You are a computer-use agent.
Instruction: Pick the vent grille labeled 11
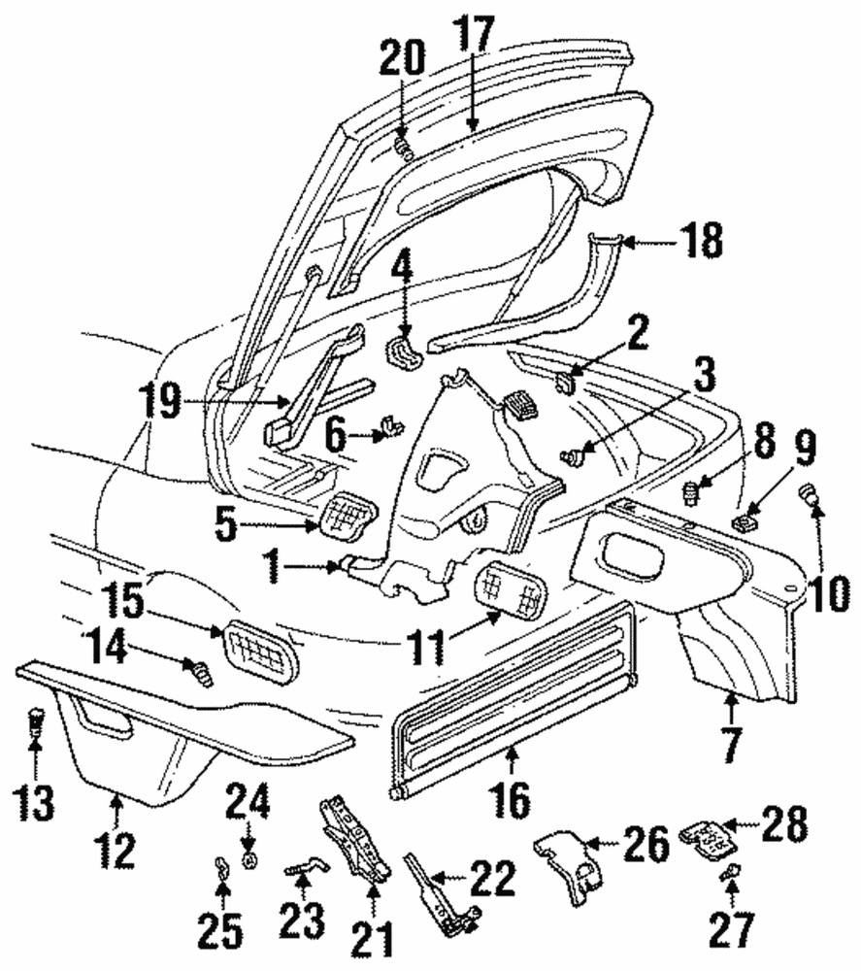(x=511, y=589)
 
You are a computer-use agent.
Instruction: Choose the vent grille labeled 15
(x=262, y=650)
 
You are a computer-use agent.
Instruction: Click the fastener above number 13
(x=35, y=721)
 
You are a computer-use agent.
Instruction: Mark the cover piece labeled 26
(x=573, y=863)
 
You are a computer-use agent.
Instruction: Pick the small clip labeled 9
(x=745, y=524)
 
